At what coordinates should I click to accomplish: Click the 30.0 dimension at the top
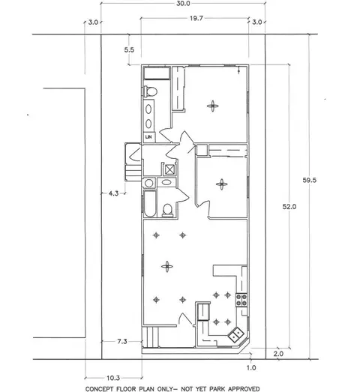point(183,4)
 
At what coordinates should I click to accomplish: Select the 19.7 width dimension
point(196,19)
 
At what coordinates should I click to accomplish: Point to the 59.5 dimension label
point(310,180)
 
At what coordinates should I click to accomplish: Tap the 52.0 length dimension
point(289,207)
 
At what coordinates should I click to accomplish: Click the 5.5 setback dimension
point(129,49)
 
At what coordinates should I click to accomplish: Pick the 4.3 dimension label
point(113,193)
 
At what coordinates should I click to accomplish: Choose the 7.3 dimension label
point(122,341)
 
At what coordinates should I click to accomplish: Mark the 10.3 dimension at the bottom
point(113,378)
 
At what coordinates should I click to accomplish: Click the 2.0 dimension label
point(278,354)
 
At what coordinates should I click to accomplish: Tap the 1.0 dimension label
point(251,368)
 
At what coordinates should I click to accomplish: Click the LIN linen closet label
point(148,137)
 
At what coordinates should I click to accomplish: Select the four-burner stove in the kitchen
point(241,300)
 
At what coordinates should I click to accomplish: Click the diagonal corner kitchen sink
point(236,335)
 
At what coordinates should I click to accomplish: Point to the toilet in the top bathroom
point(150,91)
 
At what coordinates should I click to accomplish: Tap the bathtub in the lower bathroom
point(150,204)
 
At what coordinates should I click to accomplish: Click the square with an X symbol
point(169,170)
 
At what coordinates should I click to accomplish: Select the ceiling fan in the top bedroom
point(213,106)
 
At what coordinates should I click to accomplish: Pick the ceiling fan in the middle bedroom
point(222,184)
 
